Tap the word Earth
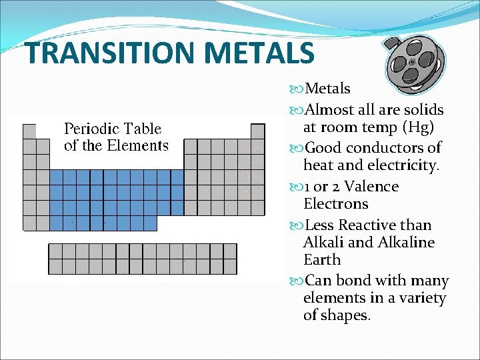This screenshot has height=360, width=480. point(321,260)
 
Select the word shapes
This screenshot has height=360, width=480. point(345,315)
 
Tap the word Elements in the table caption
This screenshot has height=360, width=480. point(140,145)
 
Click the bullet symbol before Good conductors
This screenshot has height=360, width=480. point(295,148)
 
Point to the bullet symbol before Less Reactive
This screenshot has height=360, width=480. point(295,226)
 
